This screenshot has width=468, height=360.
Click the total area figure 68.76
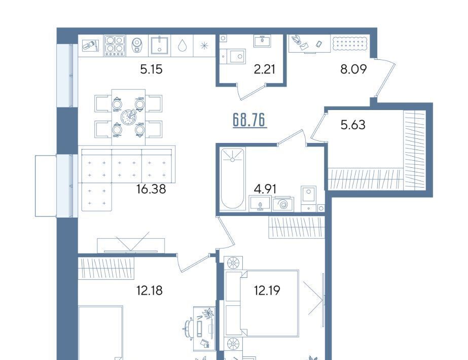tap(249, 120)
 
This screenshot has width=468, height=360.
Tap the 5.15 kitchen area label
tap(151, 69)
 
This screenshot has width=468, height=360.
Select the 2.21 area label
tap(265, 69)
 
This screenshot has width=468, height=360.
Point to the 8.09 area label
tap(353, 69)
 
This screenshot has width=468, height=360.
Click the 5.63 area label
tap(353, 125)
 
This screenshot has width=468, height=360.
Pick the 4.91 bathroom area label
tap(265, 189)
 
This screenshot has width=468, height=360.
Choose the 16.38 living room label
tap(151, 189)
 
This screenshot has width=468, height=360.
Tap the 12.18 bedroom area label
tap(150, 290)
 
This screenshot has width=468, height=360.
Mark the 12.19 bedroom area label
tap(267, 290)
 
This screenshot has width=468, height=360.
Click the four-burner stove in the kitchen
tap(115, 46)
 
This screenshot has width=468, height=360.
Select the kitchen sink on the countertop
tap(159, 46)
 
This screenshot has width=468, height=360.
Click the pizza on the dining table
tap(129, 117)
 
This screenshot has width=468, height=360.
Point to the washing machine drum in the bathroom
tap(283, 204)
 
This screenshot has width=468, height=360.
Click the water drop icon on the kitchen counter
tap(182, 46)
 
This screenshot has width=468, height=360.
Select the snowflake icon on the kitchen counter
tap(204, 46)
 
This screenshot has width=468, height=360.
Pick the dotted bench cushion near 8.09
tap(350, 43)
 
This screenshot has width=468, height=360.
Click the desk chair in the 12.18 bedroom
tap(188, 329)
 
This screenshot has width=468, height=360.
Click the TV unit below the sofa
tap(131, 245)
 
